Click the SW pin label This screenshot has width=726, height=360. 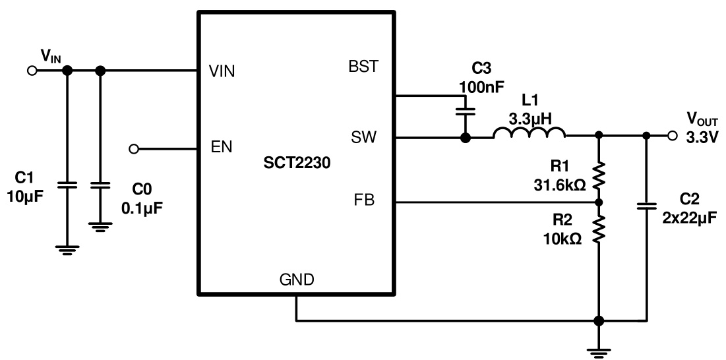click(364, 137)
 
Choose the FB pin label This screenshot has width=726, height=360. click(364, 200)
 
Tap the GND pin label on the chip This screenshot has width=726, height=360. click(295, 280)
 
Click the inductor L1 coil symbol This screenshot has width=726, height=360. click(529, 134)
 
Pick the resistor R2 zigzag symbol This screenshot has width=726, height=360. click(599, 229)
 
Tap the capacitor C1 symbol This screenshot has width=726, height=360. click(67, 186)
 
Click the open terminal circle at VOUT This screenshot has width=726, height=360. click(671, 136)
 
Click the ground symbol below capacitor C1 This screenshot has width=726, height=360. click(67, 249)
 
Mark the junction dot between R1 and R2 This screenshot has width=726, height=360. click(599, 201)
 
